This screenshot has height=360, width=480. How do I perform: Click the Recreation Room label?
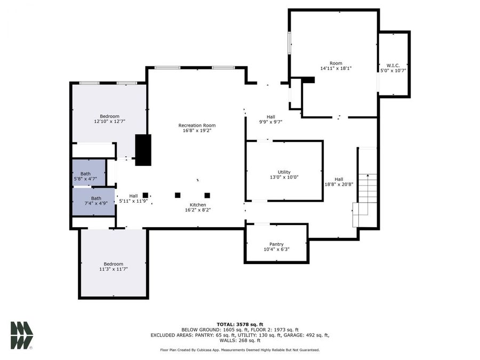197,125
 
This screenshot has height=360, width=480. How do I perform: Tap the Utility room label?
284,172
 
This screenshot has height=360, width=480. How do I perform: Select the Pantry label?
276,244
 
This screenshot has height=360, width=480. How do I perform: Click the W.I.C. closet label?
393,65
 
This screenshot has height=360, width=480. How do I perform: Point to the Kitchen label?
198,205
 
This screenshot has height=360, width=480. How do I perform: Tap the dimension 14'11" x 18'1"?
335,68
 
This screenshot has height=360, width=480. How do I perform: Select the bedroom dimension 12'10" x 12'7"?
110,122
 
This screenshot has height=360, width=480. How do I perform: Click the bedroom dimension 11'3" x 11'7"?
113,269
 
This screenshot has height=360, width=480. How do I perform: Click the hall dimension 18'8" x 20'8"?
339,184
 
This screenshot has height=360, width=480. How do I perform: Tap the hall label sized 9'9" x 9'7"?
271,117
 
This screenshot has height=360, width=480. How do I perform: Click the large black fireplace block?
143,150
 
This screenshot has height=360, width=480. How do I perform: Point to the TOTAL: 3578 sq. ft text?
239,324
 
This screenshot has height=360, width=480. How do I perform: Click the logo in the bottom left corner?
22,335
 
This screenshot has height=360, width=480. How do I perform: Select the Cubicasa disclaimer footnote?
239,350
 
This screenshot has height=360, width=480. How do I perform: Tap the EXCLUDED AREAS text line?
239,335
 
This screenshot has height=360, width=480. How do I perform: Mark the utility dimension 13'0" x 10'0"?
284,177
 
